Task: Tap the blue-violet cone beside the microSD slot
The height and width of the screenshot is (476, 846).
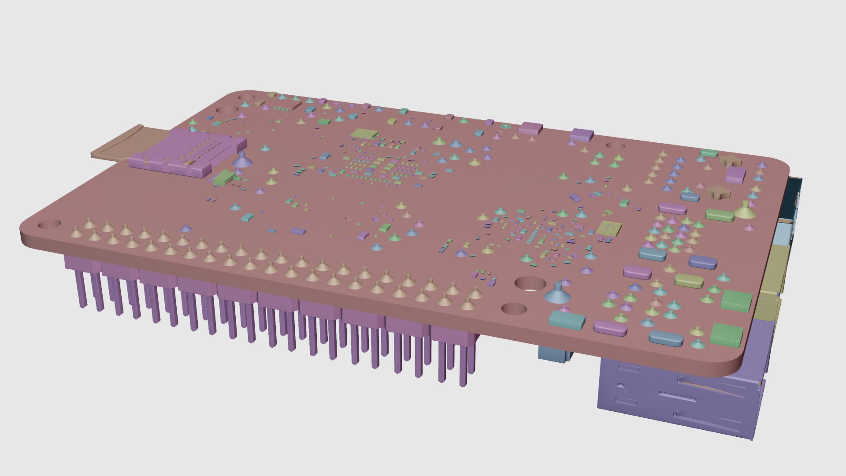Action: tap(241, 160)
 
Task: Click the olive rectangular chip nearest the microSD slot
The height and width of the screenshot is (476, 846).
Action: tap(364, 134)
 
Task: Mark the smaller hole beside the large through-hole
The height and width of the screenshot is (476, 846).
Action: tap(514, 308)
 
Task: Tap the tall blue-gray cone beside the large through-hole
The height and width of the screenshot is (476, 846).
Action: tap(557, 294)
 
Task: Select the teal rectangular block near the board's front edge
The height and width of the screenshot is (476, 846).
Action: tap(567, 320)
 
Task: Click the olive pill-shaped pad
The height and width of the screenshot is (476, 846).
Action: tap(688, 280)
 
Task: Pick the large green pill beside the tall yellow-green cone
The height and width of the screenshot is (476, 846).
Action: tap(720, 216)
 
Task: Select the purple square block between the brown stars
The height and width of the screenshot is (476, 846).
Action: tap(735, 175)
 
